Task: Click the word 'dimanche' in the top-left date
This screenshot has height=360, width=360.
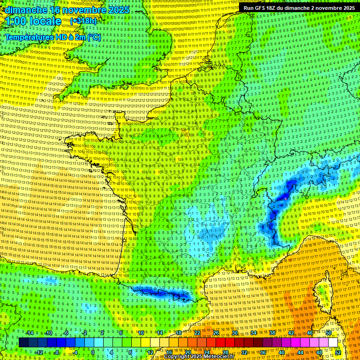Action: (x=23, y=9)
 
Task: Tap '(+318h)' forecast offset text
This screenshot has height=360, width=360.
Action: (x=83, y=21)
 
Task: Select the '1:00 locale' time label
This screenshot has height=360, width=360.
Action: (x=32, y=21)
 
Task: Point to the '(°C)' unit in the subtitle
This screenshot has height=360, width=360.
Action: (x=93, y=37)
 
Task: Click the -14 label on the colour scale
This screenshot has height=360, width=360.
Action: (x=30, y=333)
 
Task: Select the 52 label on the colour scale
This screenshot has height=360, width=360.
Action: (x=338, y=352)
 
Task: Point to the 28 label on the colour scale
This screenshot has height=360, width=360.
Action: (x=225, y=352)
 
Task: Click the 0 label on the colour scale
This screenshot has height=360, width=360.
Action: (x=93, y=352)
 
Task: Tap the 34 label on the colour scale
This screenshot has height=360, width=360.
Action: (x=253, y=333)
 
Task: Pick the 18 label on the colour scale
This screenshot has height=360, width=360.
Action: (x=178, y=333)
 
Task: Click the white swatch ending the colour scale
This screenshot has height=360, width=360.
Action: (x=333, y=343)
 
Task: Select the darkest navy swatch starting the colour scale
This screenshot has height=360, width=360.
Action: (x=23, y=343)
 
